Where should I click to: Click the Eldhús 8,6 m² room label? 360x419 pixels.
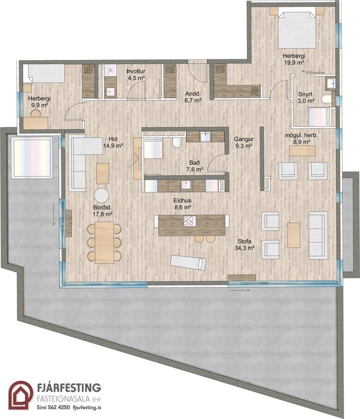pos(182,203)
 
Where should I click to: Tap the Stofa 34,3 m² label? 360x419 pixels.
pos(245,245)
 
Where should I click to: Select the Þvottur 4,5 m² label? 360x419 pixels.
pos(136,74)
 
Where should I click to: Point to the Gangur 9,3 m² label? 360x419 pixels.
pos(244,142)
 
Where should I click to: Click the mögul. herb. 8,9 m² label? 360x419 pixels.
pos(301,139)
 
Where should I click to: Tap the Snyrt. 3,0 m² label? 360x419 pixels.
pos(306,98)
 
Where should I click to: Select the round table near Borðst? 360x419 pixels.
pos(101,195)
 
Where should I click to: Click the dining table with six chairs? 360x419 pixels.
pos(104,243)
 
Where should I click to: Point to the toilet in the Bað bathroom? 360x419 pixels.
pos(176,143)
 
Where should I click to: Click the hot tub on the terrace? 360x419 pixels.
pos(32,158)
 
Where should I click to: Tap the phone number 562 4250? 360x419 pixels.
pos(57,407)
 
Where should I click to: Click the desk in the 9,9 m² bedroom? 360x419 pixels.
pos(36,123)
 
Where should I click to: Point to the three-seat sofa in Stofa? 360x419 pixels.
pos(318,235)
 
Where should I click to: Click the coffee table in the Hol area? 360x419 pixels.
pos(102,173)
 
